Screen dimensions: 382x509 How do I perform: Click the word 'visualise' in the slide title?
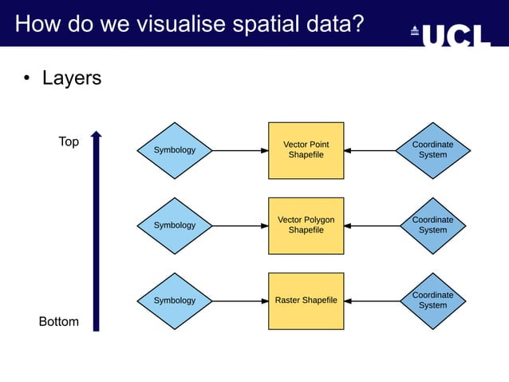pos(177,25)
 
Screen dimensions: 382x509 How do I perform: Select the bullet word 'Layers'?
pos(71,78)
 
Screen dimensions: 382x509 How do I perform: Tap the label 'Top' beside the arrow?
pos(69,141)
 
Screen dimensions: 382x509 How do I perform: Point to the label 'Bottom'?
pos(59,321)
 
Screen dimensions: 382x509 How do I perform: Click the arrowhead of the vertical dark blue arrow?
pos(96,137)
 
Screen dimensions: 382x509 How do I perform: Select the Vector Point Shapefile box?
pos(306,150)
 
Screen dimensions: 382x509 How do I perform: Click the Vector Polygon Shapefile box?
pos(306,225)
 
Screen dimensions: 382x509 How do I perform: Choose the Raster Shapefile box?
pos(306,300)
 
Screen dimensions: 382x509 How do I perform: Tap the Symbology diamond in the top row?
pos(174,150)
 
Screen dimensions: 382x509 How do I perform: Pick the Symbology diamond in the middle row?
pos(174,225)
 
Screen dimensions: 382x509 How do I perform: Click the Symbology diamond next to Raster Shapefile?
pos(174,300)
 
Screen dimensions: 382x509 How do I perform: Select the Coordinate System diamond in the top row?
pos(432,150)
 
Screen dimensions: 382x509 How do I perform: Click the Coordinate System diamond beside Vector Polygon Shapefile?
pos(432,225)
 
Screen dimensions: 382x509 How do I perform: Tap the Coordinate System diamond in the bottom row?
pos(432,300)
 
